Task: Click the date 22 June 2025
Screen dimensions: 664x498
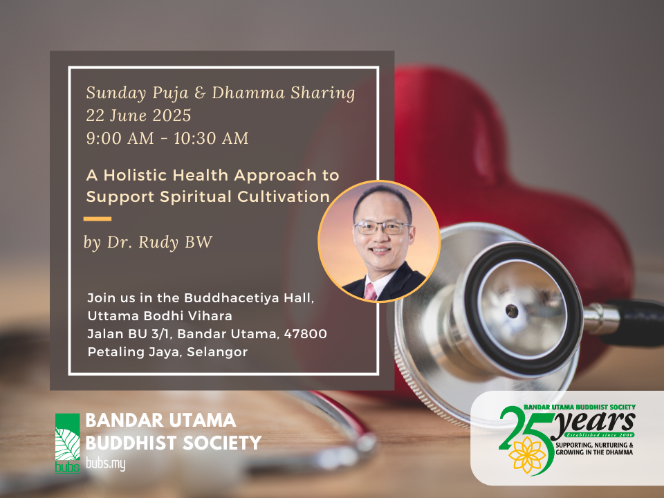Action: (x=138, y=116)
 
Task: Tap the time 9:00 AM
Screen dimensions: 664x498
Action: (x=120, y=138)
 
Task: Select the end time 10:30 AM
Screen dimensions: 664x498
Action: (x=211, y=138)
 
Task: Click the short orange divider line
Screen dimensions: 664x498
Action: (x=98, y=219)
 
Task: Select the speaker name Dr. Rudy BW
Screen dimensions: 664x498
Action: (x=160, y=242)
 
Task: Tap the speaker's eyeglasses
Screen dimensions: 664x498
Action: (x=382, y=228)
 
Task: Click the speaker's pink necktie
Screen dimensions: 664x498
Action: (x=370, y=292)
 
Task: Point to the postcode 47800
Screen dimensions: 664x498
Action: (x=305, y=333)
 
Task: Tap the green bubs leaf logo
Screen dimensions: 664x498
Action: (x=67, y=443)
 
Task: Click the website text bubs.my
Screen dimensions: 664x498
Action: (x=105, y=464)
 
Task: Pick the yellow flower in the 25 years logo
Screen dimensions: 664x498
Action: (x=527, y=455)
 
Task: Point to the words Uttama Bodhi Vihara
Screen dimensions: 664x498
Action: (x=160, y=316)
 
